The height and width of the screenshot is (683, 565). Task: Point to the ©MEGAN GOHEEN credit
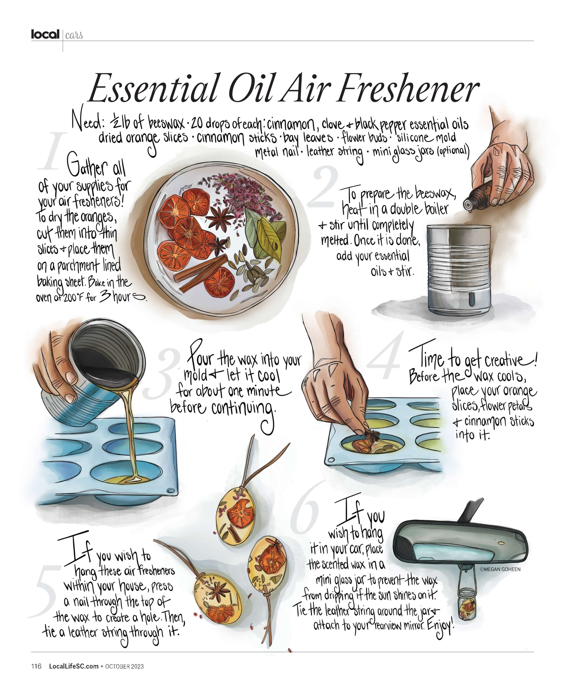500,569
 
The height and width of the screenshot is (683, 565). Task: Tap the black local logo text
45,34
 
